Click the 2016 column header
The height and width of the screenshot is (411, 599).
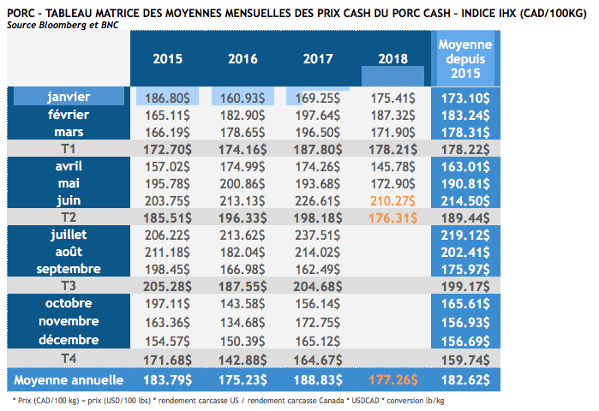[243, 59]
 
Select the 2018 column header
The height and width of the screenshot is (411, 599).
[393, 59]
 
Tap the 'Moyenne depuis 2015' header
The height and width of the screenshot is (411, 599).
[464, 59]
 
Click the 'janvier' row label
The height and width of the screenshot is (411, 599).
[69, 97]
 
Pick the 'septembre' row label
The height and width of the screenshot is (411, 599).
[69, 268]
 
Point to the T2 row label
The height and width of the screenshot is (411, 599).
[69, 216]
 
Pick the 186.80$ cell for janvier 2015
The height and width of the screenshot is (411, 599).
[168, 97]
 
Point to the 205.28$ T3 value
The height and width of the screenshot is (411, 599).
[168, 283]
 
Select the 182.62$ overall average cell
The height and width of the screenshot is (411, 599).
[464, 379]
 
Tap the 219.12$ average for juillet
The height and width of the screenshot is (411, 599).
[464, 234]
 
